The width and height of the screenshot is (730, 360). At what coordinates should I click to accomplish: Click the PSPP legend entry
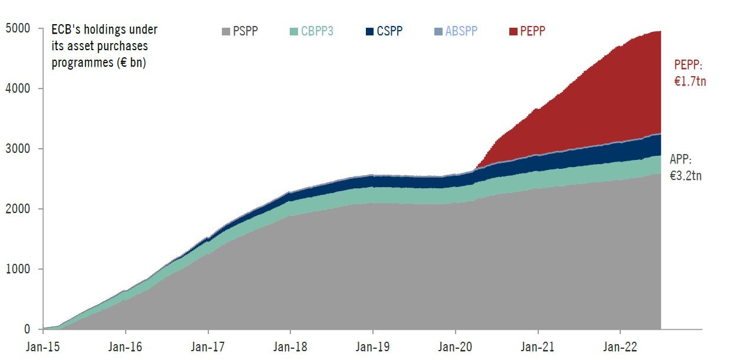click(x=240, y=31)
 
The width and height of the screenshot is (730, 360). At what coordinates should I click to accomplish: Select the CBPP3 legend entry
click(x=312, y=31)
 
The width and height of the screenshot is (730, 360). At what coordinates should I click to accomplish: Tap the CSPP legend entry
click(x=384, y=31)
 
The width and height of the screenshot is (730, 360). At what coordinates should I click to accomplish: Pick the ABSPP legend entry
click(x=456, y=31)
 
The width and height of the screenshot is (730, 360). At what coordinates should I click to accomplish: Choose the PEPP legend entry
click(x=527, y=31)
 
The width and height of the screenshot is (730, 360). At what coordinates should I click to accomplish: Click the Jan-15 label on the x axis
click(x=42, y=347)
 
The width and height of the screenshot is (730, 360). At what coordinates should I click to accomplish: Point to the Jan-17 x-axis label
click(x=208, y=347)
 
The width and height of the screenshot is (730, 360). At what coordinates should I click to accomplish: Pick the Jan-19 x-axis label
click(x=372, y=347)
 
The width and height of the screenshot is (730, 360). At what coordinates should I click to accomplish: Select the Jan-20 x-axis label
click(x=455, y=347)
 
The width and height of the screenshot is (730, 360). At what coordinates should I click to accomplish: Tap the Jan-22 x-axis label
click(x=620, y=347)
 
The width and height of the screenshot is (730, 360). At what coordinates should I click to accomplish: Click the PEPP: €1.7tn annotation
click(x=690, y=73)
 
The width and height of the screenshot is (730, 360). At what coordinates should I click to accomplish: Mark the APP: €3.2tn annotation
click(x=685, y=167)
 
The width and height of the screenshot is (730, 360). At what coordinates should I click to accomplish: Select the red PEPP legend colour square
click(x=512, y=31)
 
